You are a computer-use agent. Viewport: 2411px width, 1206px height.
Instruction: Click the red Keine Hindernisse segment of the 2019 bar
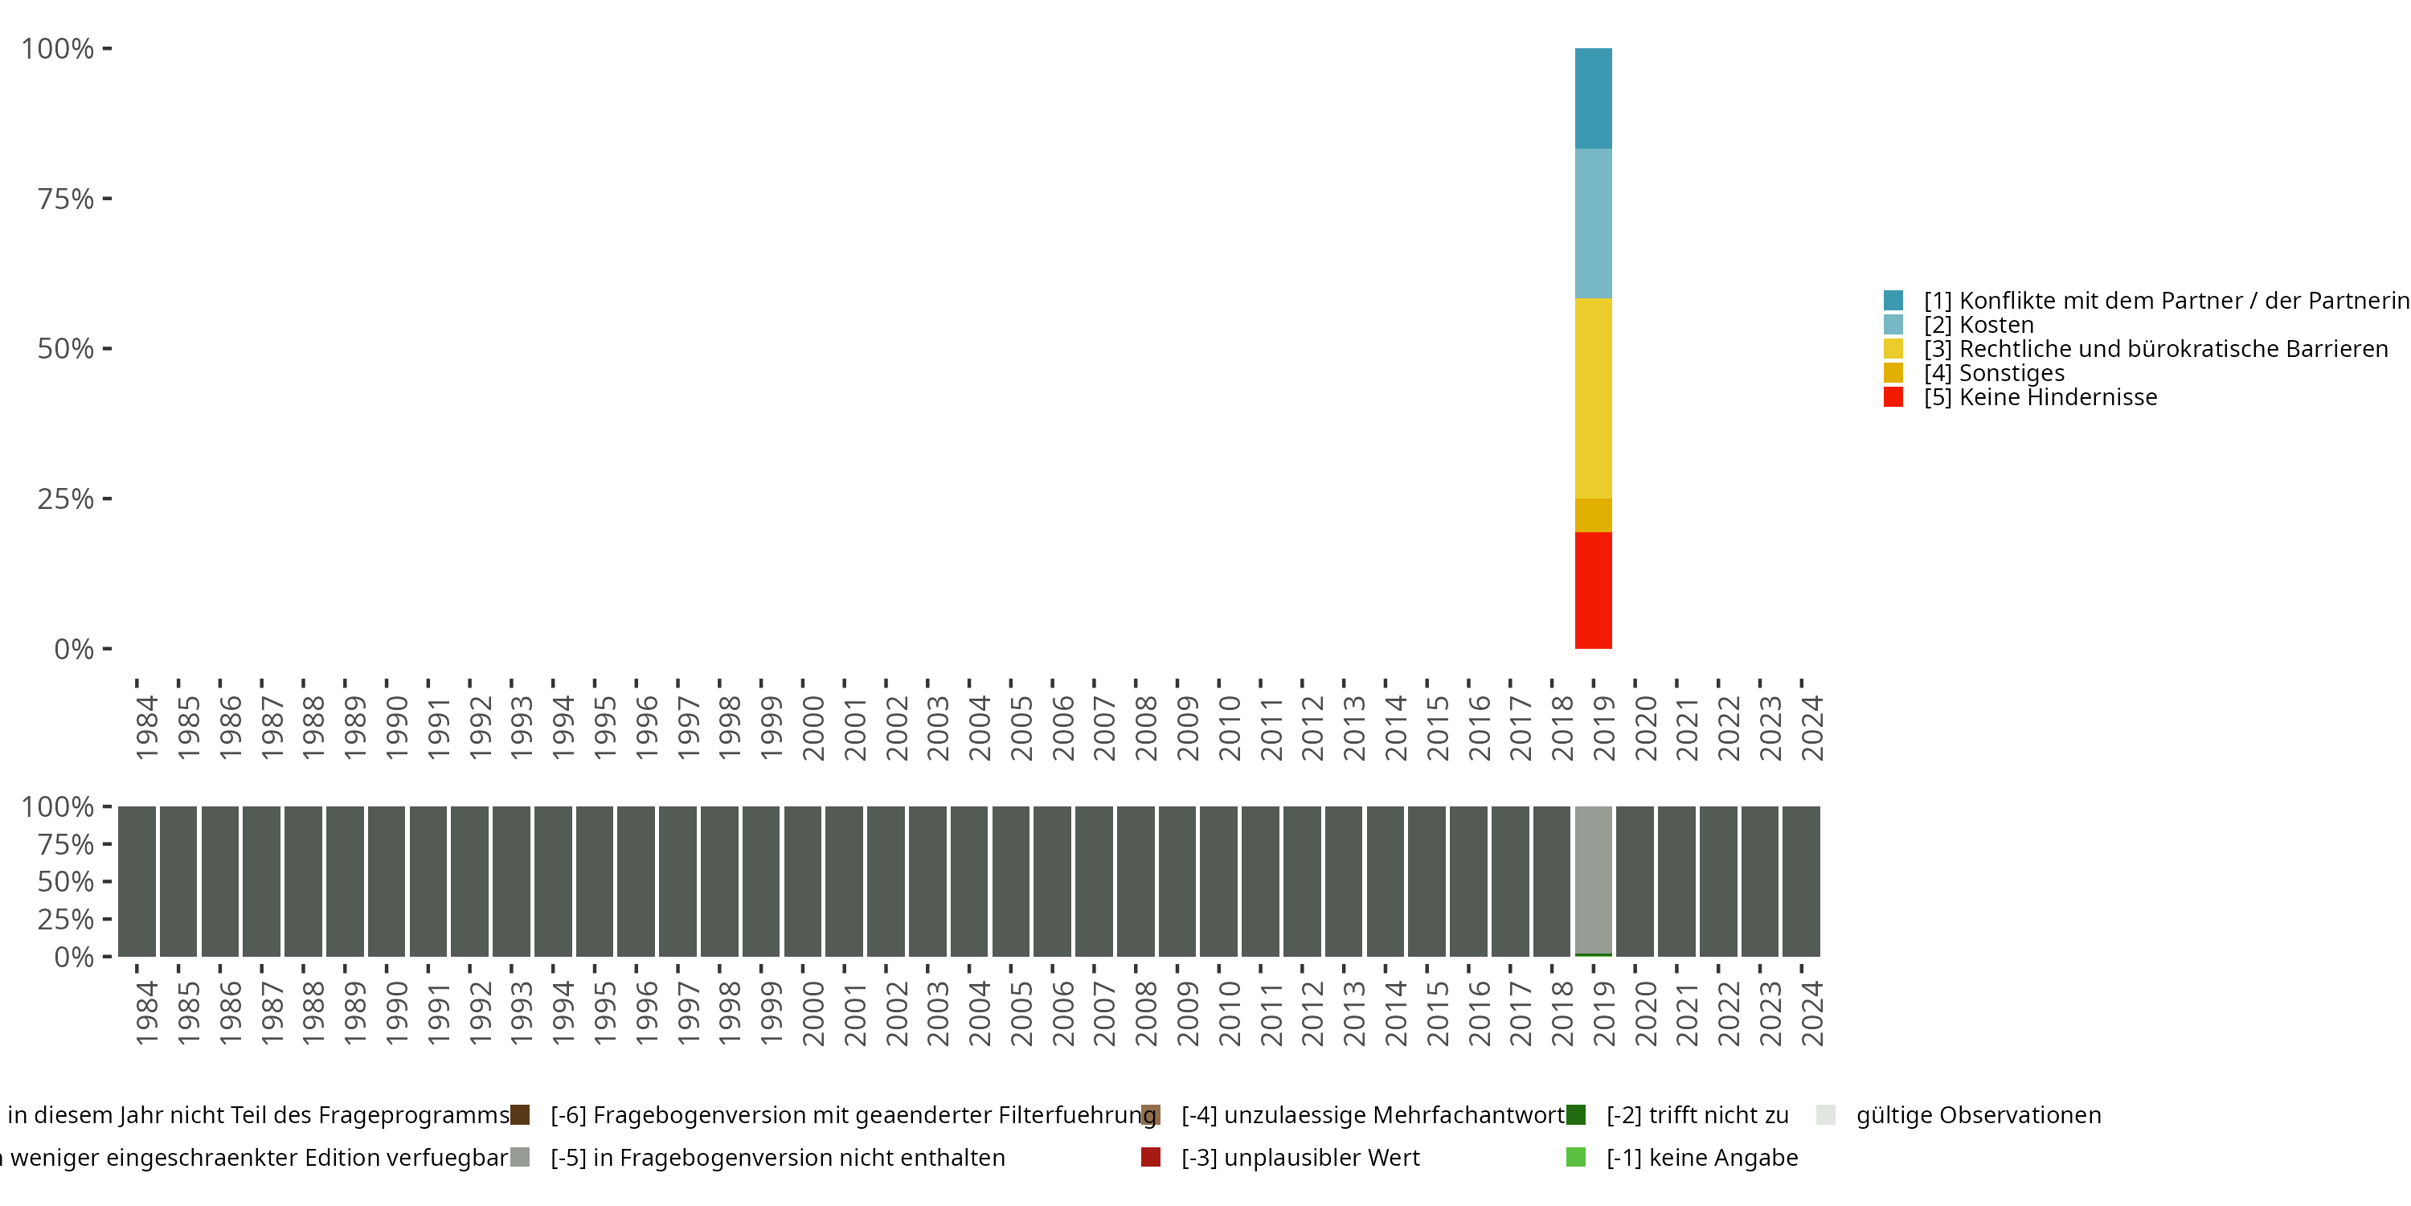click(1593, 590)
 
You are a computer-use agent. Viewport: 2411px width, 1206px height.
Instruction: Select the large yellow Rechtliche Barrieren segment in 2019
click(1593, 398)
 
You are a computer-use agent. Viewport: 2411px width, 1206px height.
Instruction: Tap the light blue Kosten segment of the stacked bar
click(1593, 223)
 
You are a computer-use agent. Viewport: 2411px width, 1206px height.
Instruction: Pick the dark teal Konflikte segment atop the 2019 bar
click(1593, 98)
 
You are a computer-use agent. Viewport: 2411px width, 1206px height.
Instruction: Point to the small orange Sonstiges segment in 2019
click(1593, 515)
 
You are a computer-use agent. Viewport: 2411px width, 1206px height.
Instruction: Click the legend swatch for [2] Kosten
click(1893, 325)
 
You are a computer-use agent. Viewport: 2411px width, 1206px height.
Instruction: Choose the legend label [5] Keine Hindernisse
click(2041, 397)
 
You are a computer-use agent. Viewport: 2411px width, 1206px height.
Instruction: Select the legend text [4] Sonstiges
click(1994, 373)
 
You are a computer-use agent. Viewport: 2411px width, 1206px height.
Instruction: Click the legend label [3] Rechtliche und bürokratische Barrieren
click(2155, 348)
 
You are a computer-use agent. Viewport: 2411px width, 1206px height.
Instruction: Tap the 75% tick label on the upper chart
click(66, 199)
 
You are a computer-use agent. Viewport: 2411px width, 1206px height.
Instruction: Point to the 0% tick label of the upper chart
click(74, 649)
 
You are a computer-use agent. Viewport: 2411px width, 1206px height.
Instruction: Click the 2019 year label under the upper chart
click(1603, 728)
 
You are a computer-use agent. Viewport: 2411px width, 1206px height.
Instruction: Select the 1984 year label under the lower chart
click(147, 1013)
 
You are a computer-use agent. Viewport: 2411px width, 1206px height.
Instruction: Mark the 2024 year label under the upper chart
click(1812, 728)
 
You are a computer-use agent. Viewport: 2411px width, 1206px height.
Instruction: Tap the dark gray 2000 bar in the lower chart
click(802, 880)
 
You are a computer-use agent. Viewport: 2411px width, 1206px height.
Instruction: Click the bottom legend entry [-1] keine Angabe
click(1701, 1157)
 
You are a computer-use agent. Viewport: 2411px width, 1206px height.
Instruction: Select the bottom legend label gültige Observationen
click(1979, 1115)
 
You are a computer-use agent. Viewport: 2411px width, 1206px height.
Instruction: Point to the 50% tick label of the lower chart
click(66, 881)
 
